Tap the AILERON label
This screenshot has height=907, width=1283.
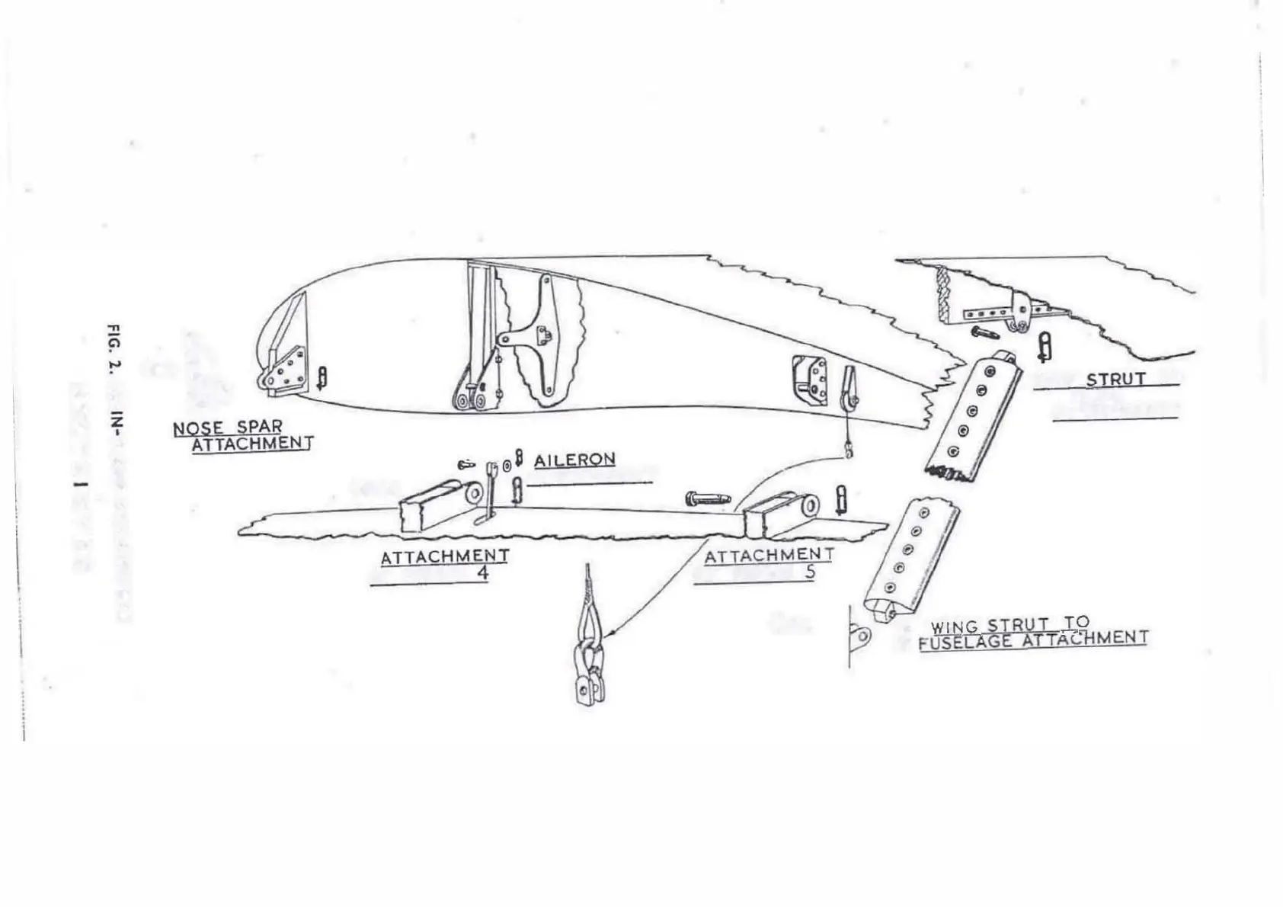(x=574, y=460)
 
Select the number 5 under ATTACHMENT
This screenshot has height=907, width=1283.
(x=809, y=570)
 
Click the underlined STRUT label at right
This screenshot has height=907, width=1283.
(x=1115, y=379)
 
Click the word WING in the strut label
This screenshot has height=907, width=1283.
(x=955, y=627)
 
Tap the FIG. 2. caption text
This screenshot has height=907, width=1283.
(x=114, y=347)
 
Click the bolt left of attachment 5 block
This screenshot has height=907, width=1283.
(x=707, y=499)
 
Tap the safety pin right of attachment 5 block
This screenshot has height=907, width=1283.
(x=841, y=499)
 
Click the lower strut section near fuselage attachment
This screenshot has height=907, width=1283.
(x=910, y=560)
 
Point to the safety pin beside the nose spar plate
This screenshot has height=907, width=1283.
(x=322, y=377)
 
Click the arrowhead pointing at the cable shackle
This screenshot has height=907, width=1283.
(x=612, y=632)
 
